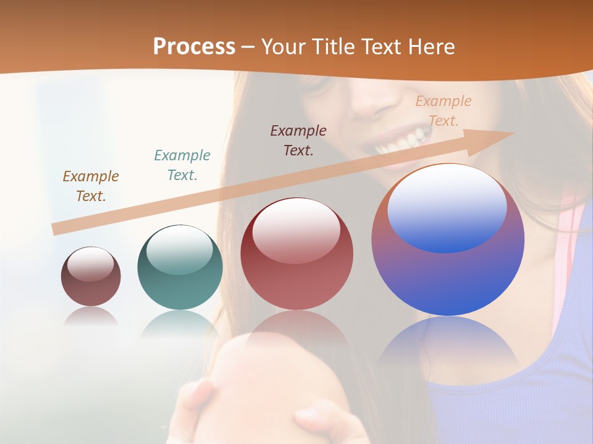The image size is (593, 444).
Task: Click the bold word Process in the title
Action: pos(194,46)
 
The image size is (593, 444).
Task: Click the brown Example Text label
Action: pos(91,186)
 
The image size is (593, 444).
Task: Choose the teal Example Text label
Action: pos(182,165)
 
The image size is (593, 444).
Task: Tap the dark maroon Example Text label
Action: pos(298,141)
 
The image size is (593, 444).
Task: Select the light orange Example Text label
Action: pos(444,111)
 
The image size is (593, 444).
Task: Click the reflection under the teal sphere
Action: pos(180,324)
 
